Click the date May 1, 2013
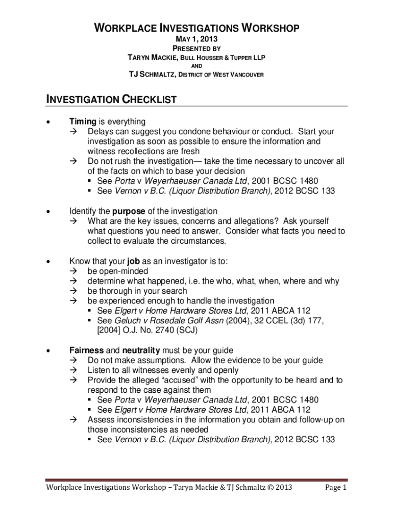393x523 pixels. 196,39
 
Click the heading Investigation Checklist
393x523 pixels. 111,100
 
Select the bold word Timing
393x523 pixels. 83,122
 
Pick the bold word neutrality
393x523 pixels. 140,350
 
